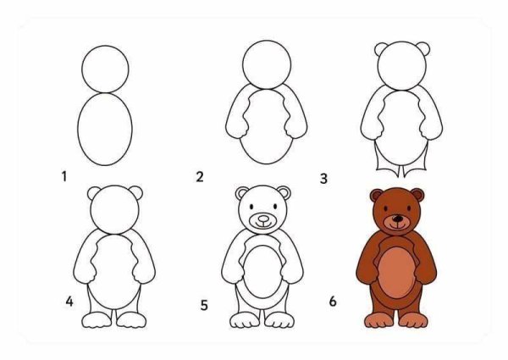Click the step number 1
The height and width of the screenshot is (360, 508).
(63, 177)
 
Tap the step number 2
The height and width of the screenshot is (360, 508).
(200, 177)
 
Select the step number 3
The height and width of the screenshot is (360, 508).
(323, 179)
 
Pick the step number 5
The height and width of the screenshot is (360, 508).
(204, 303)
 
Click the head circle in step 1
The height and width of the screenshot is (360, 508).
(106, 66)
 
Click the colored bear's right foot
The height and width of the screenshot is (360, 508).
(414, 320)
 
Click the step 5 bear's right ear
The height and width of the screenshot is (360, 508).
(284, 194)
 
